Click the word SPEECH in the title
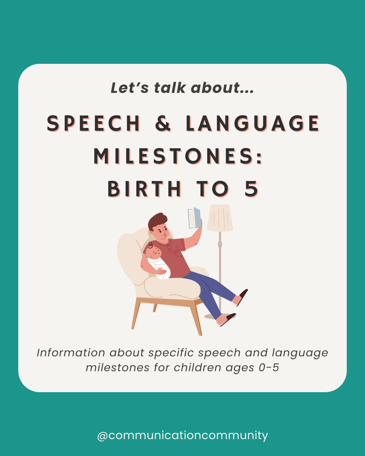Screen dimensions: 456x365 pos(93,124)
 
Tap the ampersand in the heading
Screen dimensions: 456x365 pos(163,124)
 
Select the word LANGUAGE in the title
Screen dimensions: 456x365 pos(252,124)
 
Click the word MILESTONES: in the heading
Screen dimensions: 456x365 pos(178,156)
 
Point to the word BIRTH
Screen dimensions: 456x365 pos(144,189)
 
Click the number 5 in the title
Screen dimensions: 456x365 pos(251,189)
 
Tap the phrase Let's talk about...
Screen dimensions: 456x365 pos(182,88)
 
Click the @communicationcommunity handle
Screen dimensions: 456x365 pos(182,435)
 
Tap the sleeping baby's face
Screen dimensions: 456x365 pos(155,252)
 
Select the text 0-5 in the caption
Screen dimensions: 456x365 pos(269,368)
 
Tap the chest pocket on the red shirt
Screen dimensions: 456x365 pos(178,252)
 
